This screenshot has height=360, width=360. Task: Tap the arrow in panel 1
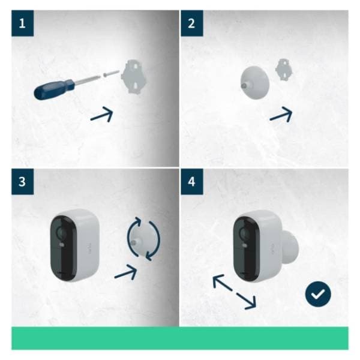tap(102, 115)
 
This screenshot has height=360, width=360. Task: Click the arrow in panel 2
tap(281, 114)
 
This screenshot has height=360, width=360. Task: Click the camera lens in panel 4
tap(244, 231)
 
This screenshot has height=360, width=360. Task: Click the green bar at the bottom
tap(180, 338)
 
